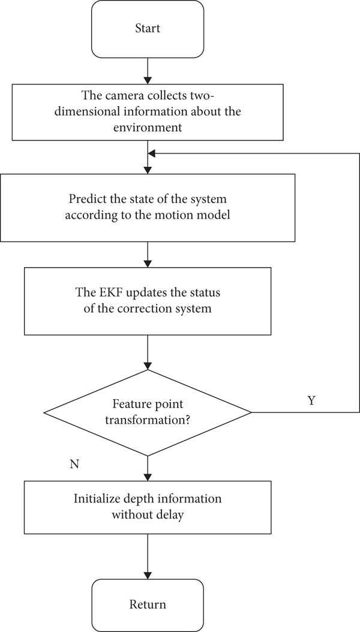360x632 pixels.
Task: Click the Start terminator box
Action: (x=148, y=29)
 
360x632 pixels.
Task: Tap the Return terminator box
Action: (x=148, y=605)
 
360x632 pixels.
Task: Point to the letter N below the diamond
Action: (x=74, y=465)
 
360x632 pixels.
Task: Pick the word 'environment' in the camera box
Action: (x=148, y=128)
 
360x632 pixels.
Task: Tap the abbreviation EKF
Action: (x=107, y=292)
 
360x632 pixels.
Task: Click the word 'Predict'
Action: (x=85, y=199)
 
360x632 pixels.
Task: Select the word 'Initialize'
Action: (x=93, y=498)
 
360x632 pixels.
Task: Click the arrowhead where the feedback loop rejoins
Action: (x=152, y=153)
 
